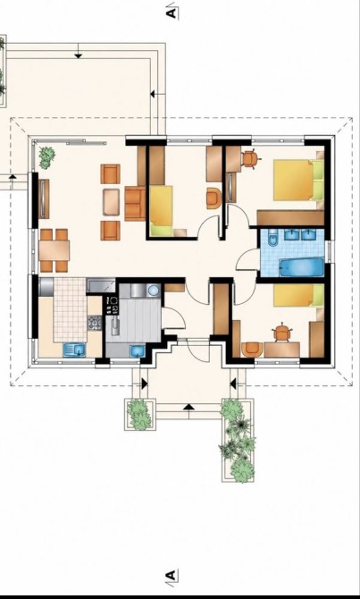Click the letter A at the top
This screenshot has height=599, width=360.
pos(172,13)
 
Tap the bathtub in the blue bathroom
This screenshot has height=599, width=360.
pos(302,267)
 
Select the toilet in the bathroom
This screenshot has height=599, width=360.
pos(272,238)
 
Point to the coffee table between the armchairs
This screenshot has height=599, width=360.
pos(111,202)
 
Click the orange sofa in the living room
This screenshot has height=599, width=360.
pos(135,204)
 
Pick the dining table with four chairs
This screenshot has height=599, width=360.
pos(54,250)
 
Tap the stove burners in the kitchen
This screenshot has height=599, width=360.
pos(95,323)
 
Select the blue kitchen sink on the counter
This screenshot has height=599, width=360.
pos(74,350)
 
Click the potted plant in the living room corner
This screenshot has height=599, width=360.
pos(46,157)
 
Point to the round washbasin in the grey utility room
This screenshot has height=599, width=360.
pos(154,291)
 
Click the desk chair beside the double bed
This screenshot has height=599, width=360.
pos(250,159)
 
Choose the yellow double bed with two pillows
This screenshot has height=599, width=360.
pos(298,180)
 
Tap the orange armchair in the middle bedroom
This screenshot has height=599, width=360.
pos(213,198)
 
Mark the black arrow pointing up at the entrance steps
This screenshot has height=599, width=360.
pos(188,407)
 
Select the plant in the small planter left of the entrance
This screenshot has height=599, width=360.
pos(139,414)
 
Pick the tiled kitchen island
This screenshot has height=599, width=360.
pos(70,310)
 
